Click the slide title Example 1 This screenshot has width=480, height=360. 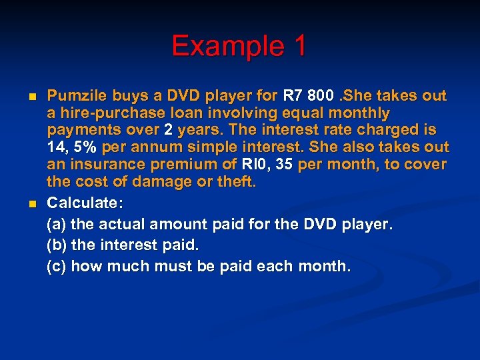[x=239, y=46]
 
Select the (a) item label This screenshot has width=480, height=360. [x=56, y=223]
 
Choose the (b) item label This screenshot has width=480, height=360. [x=56, y=245]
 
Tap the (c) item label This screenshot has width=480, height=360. [x=56, y=266]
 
